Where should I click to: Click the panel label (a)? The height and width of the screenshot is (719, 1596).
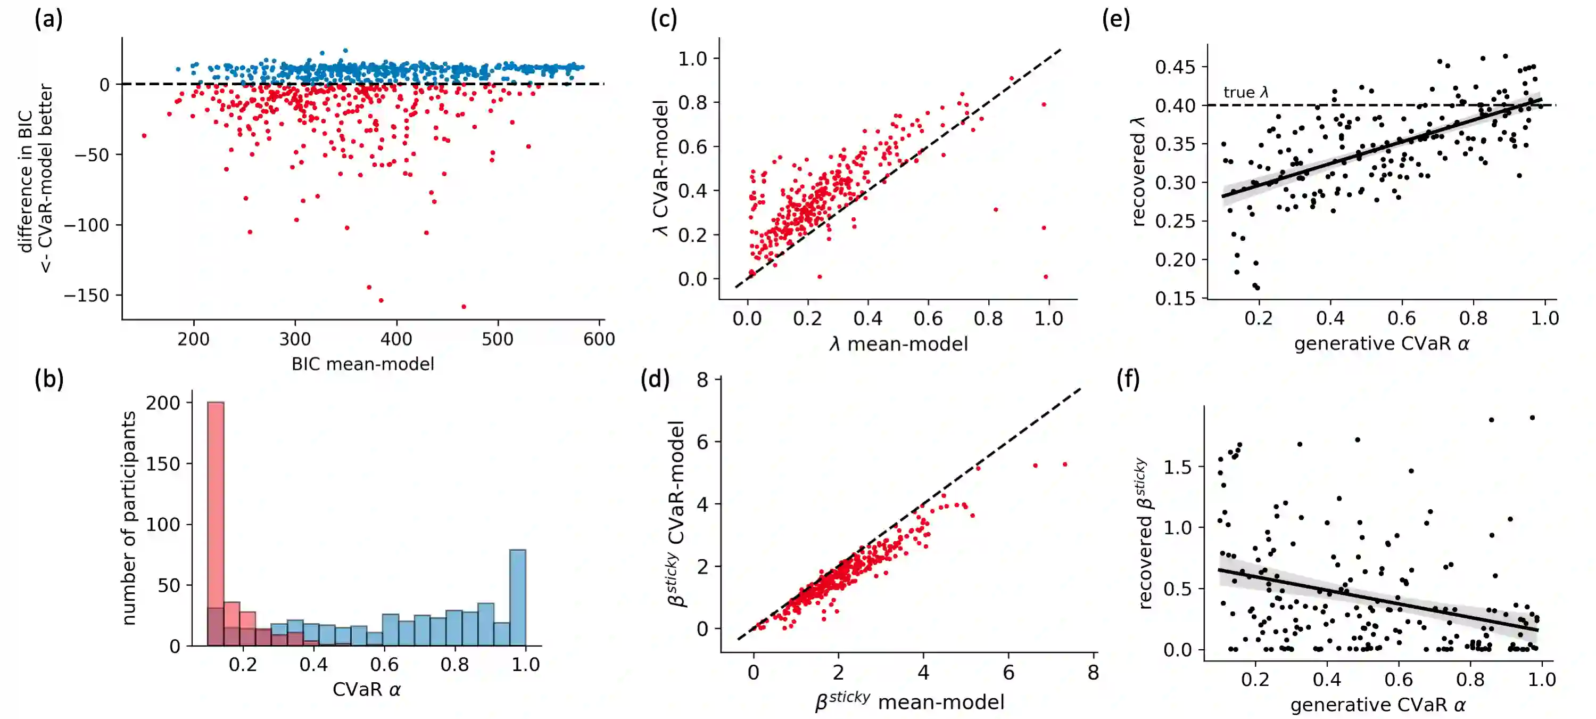click(48, 20)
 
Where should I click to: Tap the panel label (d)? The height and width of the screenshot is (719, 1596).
click(655, 379)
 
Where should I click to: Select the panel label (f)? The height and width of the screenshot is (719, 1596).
click(1128, 379)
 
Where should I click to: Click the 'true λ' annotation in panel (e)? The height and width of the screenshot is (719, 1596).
click(1246, 92)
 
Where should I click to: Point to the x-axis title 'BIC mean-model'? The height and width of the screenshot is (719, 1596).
click(362, 364)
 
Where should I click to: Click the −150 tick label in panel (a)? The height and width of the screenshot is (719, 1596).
click(87, 295)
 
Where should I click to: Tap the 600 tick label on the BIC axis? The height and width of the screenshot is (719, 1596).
click(599, 339)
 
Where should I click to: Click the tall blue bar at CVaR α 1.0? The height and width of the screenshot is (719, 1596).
click(517, 595)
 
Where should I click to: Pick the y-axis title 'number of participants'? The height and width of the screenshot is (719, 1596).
click(128, 518)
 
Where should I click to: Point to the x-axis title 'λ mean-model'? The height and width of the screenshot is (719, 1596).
click(898, 344)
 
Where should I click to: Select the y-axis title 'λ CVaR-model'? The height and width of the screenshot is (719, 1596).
click(661, 167)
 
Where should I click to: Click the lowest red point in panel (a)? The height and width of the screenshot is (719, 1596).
click(464, 306)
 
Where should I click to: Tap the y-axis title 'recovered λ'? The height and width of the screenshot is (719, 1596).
click(1139, 171)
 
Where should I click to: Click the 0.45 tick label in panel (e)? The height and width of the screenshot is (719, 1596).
click(1175, 67)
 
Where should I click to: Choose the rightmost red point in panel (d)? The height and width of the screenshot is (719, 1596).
click(1064, 464)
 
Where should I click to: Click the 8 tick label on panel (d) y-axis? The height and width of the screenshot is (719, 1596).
click(702, 379)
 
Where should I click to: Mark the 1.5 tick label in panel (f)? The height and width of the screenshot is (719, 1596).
click(1177, 466)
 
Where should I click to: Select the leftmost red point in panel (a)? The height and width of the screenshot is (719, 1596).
click(144, 135)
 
